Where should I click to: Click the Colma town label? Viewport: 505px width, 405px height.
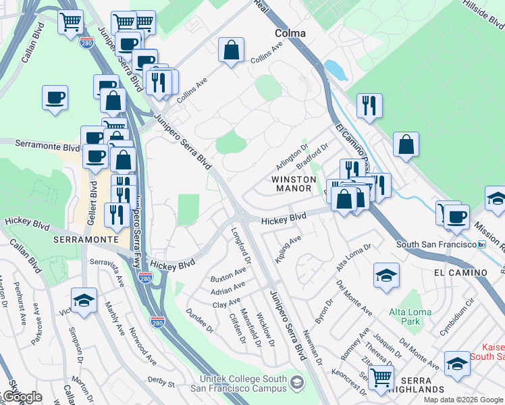(290, 32)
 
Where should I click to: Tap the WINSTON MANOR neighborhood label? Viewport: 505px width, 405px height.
(294, 184)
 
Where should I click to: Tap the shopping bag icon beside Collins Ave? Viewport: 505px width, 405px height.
(231, 50)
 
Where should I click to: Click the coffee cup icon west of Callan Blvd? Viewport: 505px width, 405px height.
(55, 97)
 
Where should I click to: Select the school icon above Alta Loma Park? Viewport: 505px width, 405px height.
(386, 275)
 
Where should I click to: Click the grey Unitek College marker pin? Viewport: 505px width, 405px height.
(296, 384)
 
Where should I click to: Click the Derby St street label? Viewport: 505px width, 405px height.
(161, 383)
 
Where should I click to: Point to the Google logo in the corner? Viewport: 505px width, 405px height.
(22, 397)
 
